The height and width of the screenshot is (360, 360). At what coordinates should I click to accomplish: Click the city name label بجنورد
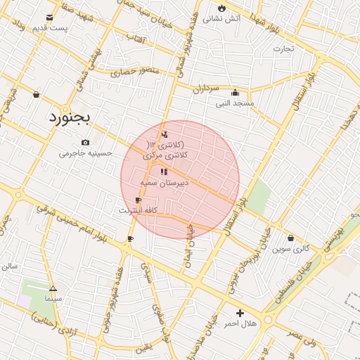[x=70, y=117]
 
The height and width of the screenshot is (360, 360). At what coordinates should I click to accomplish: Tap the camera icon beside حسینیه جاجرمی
[x=86, y=143]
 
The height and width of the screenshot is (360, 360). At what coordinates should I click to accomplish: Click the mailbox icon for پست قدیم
[x=49, y=18]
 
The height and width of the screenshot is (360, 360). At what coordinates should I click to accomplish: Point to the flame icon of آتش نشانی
[x=222, y=8]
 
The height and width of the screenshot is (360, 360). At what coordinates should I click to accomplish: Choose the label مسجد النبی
[x=234, y=103]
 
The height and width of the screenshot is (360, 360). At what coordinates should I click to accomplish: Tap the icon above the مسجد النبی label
[x=235, y=92]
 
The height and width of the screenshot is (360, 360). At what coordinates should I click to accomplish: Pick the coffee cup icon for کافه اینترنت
[x=138, y=200]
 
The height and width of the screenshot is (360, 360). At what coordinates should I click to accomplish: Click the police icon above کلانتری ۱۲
[x=165, y=134]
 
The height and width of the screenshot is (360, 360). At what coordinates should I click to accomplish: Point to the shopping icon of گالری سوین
[x=291, y=238]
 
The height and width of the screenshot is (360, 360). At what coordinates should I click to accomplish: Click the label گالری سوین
[x=291, y=248]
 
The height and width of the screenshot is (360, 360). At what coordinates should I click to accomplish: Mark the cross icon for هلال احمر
[x=240, y=313]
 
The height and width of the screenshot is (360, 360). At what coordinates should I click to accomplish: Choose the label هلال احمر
[x=240, y=323]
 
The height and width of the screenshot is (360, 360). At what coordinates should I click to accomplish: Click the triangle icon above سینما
[x=53, y=288]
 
